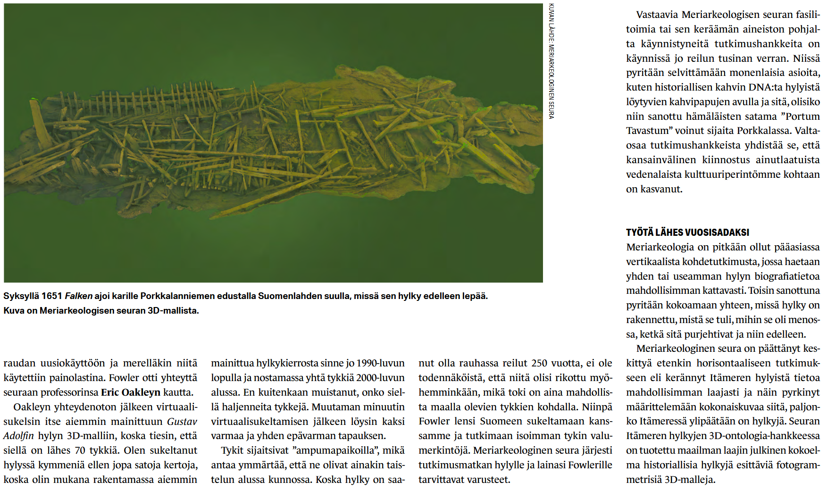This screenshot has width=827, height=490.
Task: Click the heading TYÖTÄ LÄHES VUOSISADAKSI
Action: (687, 233)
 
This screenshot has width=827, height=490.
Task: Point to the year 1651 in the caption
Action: (52, 296)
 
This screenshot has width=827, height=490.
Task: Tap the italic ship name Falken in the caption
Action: (78, 296)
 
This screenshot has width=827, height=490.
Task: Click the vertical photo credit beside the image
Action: (551, 61)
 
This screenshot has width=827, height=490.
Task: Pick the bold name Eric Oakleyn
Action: (131, 392)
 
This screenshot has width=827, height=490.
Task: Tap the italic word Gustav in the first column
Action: (182, 422)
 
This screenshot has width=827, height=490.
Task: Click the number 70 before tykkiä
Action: (80, 450)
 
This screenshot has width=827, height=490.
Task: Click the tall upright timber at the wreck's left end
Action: (40, 125)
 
